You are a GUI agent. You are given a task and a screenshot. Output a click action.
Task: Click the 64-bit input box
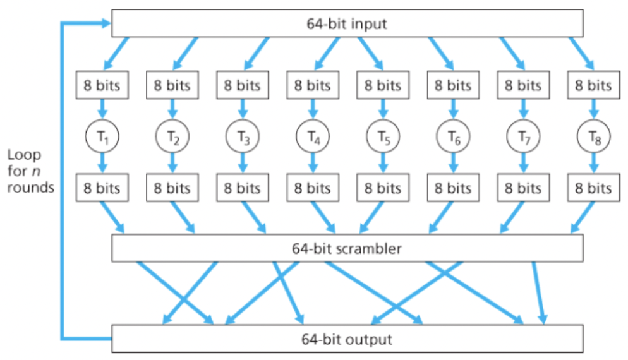(347, 25)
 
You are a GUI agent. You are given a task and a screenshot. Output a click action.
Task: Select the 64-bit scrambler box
(347, 248)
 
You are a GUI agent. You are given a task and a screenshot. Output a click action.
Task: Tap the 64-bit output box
(347, 339)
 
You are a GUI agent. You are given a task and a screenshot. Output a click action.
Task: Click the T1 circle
(102, 136)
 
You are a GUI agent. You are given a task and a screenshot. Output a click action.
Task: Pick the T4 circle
(313, 136)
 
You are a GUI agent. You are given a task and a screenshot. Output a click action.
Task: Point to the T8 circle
(594, 136)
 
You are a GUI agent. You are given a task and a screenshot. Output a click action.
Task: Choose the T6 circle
(454, 136)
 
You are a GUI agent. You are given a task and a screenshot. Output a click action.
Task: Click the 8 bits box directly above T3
(243, 85)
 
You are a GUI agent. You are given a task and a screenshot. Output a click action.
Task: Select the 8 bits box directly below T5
(383, 188)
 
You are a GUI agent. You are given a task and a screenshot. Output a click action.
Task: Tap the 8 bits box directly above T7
(524, 85)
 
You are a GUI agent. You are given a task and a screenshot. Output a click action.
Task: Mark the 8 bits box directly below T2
(172, 188)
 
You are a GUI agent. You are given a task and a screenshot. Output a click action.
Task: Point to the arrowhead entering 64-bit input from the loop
(104, 24)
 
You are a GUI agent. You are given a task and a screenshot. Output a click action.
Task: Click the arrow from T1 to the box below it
(102, 163)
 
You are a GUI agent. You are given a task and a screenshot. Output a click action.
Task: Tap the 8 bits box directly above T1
(102, 85)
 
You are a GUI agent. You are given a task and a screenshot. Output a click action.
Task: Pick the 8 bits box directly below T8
(594, 188)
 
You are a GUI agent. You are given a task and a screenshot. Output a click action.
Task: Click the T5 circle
(383, 136)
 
